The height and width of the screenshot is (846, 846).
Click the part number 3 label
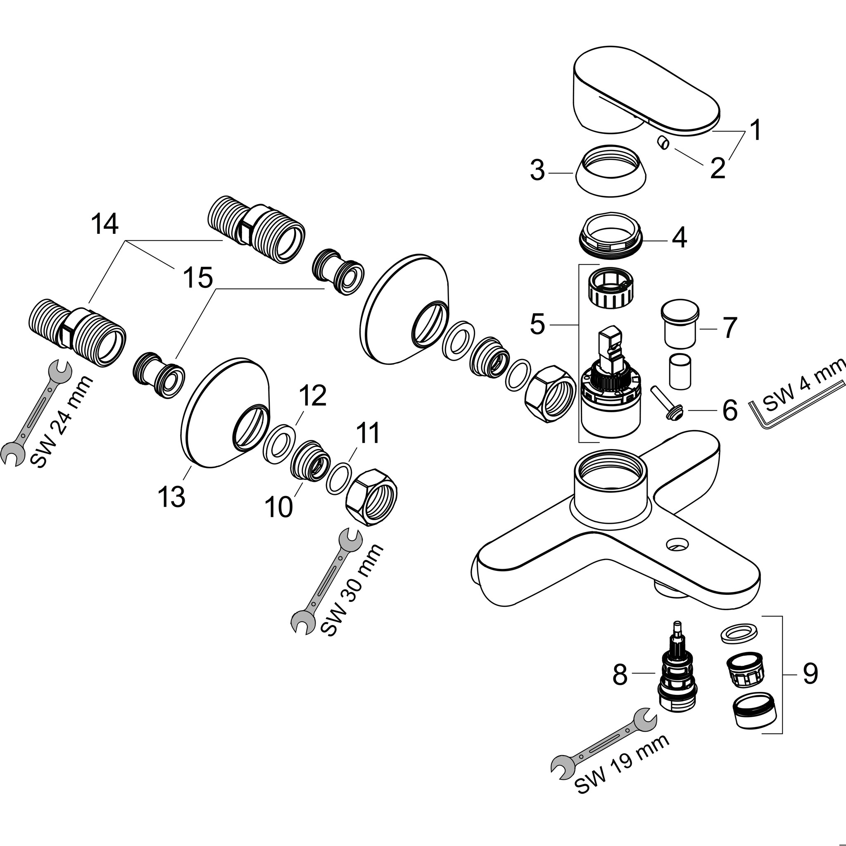[x=537, y=171]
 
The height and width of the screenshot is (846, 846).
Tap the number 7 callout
[x=729, y=328]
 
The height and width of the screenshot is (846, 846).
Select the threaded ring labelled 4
[x=611, y=239]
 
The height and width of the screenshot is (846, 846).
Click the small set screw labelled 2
[x=663, y=143]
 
